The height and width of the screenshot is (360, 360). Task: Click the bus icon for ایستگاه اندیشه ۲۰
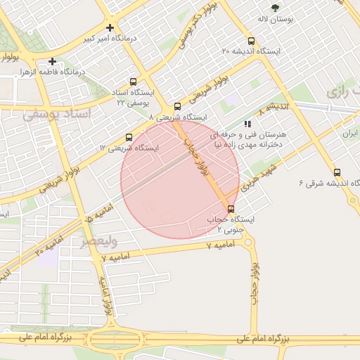click(252, 41)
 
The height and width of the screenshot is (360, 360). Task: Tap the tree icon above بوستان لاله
click(275, 8)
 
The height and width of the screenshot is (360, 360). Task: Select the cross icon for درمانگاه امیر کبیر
click(110, 28)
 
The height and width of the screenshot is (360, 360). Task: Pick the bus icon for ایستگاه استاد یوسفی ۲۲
click(134, 82)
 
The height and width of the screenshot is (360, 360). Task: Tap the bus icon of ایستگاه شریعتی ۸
click(176, 107)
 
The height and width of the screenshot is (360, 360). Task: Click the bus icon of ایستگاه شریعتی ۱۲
click(128, 137)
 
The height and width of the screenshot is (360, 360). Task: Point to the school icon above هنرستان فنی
click(246, 124)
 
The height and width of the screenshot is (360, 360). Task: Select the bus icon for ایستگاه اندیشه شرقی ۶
click(337, 172)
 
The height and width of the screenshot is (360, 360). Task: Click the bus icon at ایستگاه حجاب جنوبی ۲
click(231, 209)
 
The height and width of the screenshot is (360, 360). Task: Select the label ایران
click(350, 133)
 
